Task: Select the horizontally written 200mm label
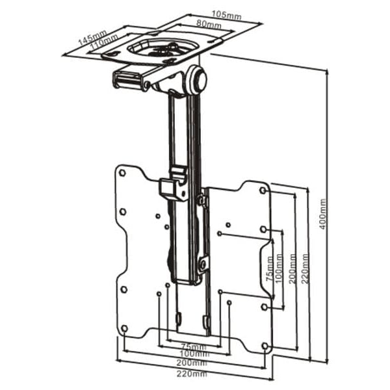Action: [x=194, y=365]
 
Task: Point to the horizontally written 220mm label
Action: [x=194, y=375]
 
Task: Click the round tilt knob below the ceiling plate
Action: [x=197, y=79]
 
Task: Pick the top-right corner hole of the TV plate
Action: [x=263, y=190]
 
